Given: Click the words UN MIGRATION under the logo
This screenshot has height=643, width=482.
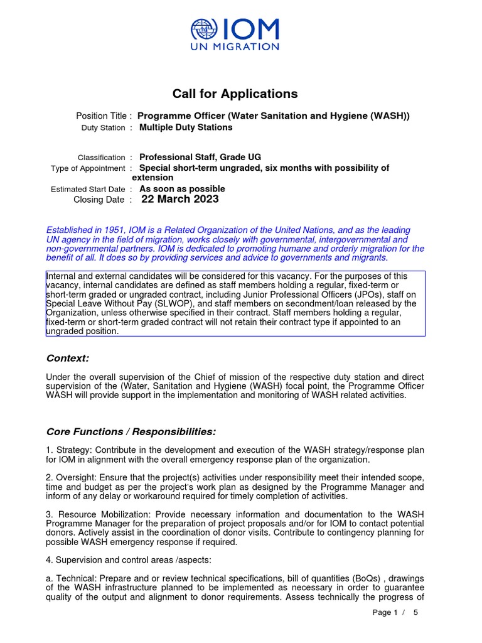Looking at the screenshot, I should [x=235, y=46].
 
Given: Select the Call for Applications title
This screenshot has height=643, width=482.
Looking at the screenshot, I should [x=235, y=94].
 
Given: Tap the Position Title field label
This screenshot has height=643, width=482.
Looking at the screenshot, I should [x=104, y=116].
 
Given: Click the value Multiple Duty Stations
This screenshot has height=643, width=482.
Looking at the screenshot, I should [x=186, y=127].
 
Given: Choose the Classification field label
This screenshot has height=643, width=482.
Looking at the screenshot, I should [x=101, y=158].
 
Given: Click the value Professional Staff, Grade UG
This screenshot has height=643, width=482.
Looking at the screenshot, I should [x=200, y=157].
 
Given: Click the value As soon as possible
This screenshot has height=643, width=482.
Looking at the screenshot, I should [x=182, y=188].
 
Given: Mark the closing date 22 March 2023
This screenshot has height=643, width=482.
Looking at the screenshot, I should [x=180, y=199].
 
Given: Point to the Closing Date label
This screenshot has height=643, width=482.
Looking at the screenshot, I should [x=99, y=200].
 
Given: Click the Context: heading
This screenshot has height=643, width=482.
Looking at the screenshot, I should [x=68, y=358].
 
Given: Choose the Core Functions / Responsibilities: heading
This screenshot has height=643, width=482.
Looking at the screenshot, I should [x=131, y=431].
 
